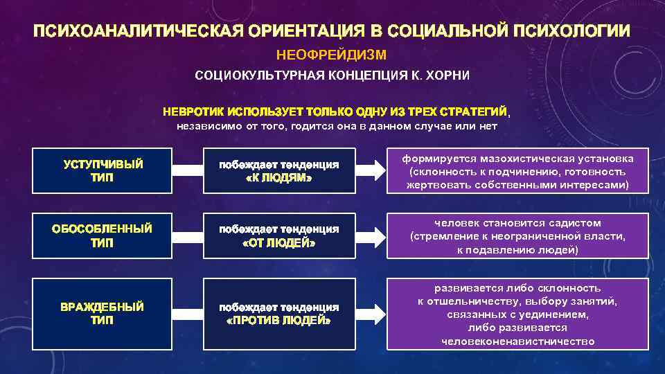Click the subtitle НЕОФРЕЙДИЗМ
tap(332, 53)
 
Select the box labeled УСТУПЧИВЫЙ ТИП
tap(103, 170)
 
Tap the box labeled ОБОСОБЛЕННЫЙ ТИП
tap(103, 235)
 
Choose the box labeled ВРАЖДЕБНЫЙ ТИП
tap(103, 313)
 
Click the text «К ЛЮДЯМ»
tap(279, 178)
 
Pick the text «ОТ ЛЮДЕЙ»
tap(279, 243)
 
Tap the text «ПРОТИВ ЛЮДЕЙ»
tap(279, 321)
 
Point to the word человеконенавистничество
tap(517, 341)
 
